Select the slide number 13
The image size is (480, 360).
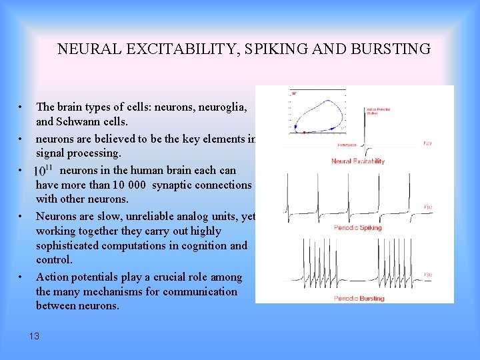[x=34, y=336]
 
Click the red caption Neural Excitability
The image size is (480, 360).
[x=358, y=161]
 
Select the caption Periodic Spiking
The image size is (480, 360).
[x=358, y=228]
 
